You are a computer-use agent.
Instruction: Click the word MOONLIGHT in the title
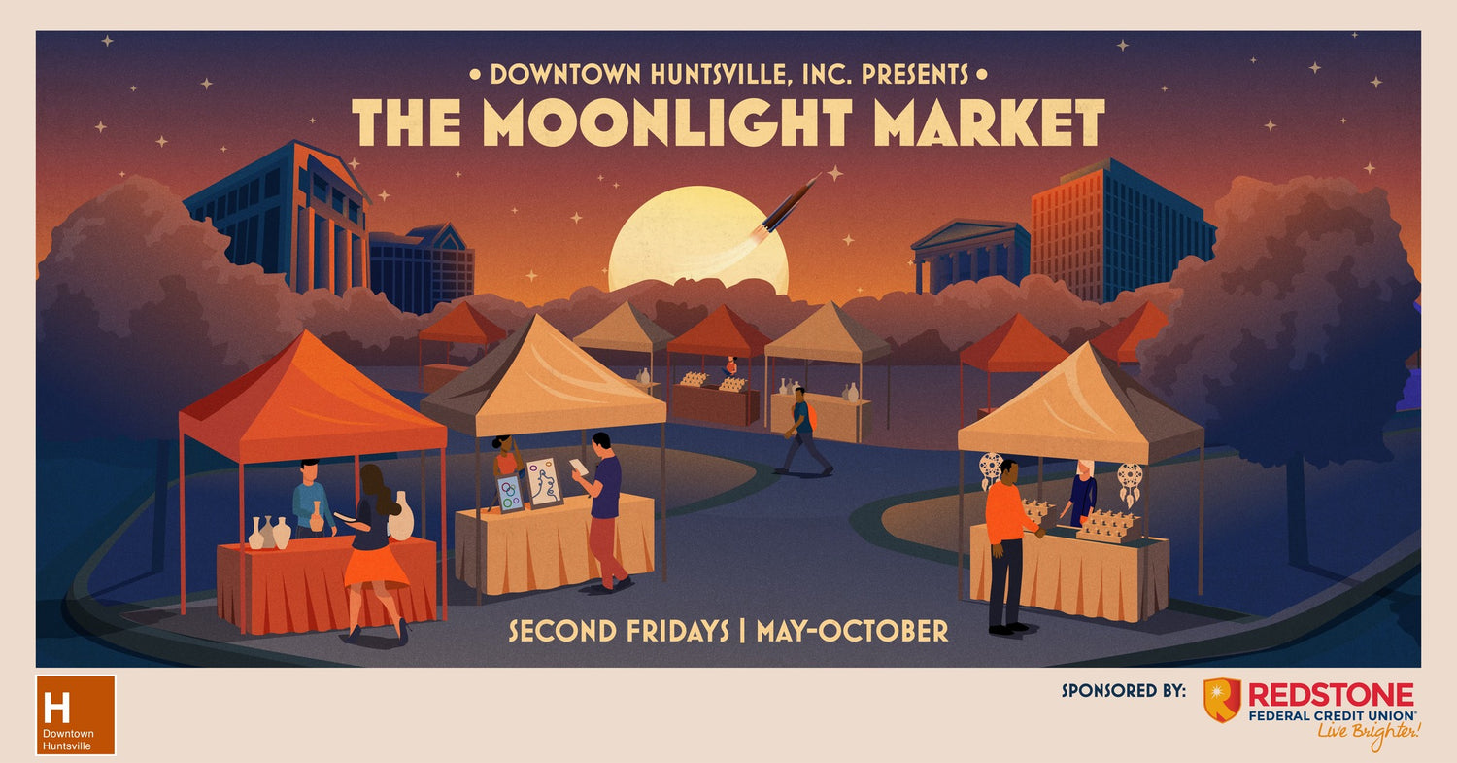(x=666, y=122)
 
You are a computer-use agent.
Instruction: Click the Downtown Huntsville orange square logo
(x=76, y=714)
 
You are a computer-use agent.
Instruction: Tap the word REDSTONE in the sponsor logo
(x=1331, y=695)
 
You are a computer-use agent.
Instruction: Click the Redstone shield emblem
(x=1222, y=700)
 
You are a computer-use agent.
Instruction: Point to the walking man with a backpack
(x=804, y=431)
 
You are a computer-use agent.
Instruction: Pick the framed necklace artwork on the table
(x=543, y=482)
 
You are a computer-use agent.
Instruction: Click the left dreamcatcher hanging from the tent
(x=991, y=470)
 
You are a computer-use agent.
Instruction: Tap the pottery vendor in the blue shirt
(x=311, y=498)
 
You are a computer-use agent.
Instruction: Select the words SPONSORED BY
(x=1123, y=690)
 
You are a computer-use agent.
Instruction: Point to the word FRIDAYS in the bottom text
(x=676, y=632)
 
